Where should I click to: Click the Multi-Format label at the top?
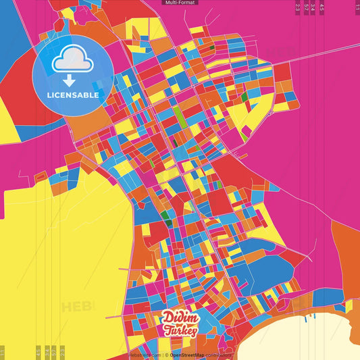pyautogui.click(x=180, y=3)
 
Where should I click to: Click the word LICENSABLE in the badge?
pyautogui.click(x=73, y=95)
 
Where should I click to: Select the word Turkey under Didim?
pyautogui.click(x=180, y=331)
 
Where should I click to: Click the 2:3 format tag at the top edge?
pyautogui.click(x=298, y=7)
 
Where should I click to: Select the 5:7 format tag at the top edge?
pyautogui.click(x=307, y=7)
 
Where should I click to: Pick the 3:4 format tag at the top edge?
pyautogui.click(x=313, y=7)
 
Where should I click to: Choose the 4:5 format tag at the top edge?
pyautogui.click(x=322, y=7)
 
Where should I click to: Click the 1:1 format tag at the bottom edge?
pyautogui.click(x=3, y=352)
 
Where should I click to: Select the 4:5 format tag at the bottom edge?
pyautogui.click(x=38, y=352)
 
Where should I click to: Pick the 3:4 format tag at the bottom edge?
pyautogui.click(x=47, y=352)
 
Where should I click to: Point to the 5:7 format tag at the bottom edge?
pyautogui.click(x=53, y=352)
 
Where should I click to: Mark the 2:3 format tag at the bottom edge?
pyautogui.click(x=62, y=352)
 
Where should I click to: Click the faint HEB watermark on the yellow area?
pyautogui.click(x=78, y=307)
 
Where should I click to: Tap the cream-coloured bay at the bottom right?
pyautogui.click(x=304, y=341)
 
